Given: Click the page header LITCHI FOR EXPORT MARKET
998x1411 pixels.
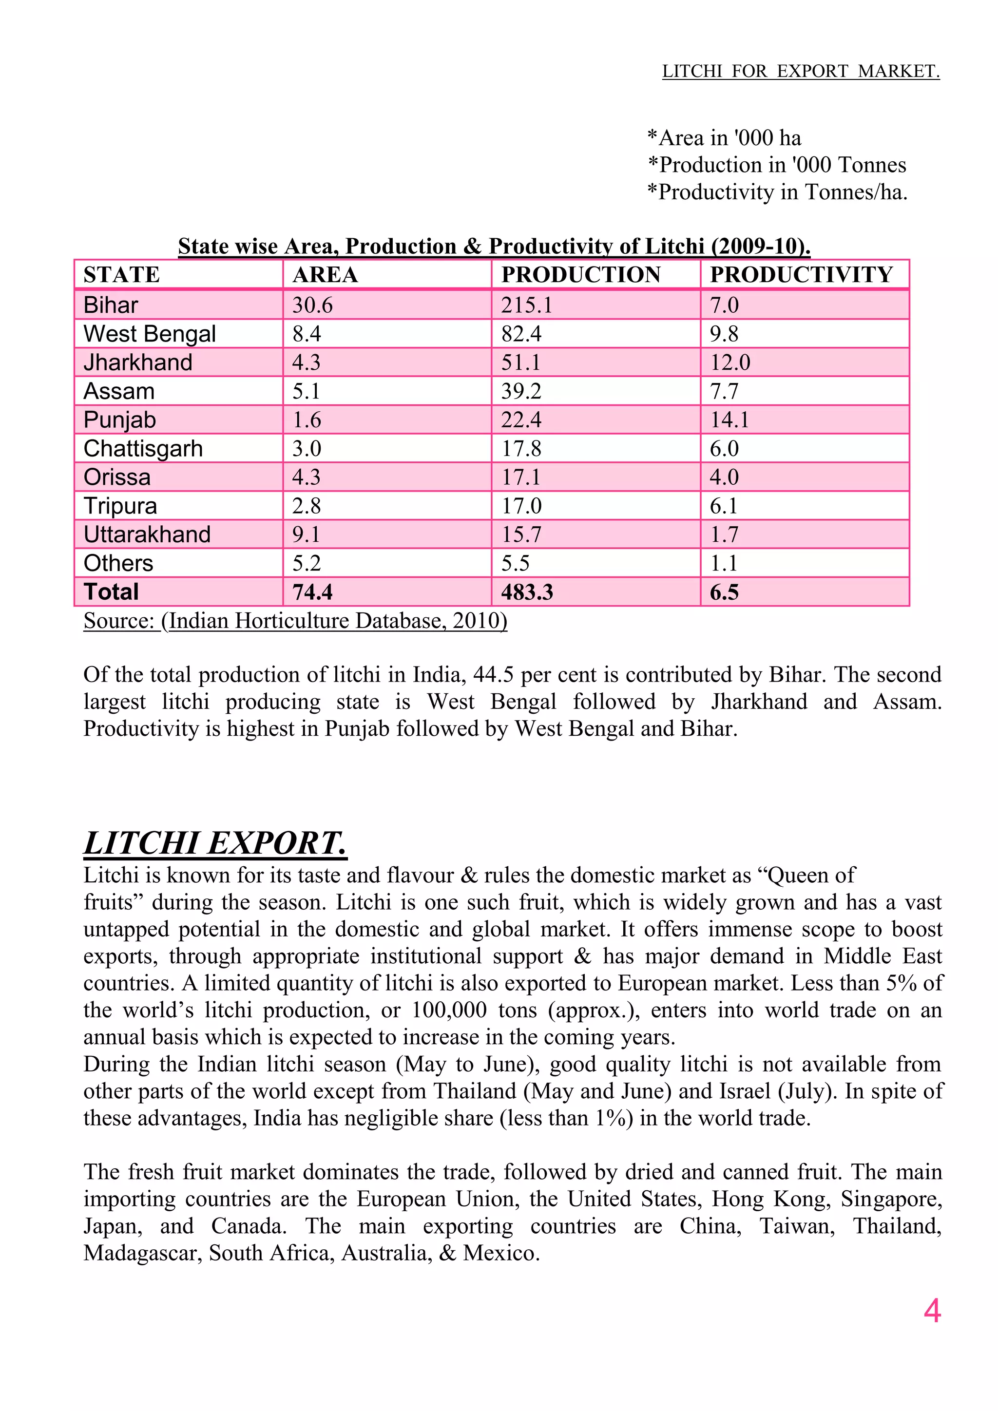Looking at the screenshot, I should (800, 71).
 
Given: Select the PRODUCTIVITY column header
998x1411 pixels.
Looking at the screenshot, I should (801, 274).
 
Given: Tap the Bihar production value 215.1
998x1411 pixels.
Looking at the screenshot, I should (527, 305).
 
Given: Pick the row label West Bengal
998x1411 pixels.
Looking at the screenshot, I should (149, 334).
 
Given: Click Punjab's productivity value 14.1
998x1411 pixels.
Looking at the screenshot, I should (729, 419).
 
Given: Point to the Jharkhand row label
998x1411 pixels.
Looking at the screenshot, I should (137, 362).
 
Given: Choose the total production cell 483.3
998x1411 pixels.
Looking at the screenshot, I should (527, 592).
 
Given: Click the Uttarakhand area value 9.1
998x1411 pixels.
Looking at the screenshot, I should (306, 534).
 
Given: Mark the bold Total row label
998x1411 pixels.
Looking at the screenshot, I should (111, 592).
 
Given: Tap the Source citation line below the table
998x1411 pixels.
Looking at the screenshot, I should (295, 621).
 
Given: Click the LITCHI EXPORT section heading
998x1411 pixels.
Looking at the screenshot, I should (215, 843).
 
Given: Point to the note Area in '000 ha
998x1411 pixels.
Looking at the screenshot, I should (724, 138).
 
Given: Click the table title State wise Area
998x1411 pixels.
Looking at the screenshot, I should (494, 246).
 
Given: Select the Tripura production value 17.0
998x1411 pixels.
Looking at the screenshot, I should (521, 506).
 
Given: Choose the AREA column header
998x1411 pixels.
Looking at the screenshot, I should (325, 274).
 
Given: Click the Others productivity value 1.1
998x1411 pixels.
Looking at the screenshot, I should (723, 563).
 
